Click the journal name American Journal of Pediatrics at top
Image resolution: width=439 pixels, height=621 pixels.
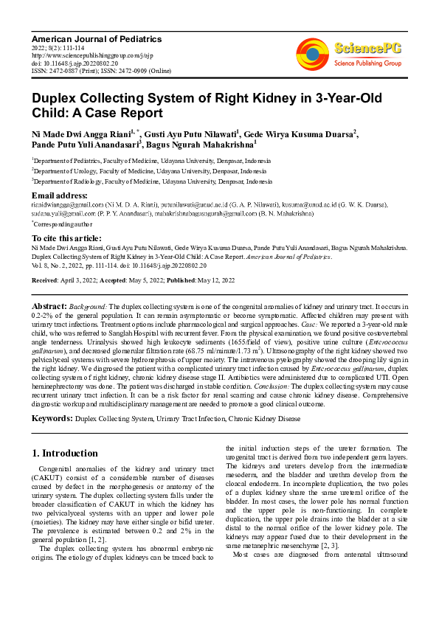[x=96, y=38]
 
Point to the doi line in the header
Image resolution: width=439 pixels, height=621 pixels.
[x=75, y=63]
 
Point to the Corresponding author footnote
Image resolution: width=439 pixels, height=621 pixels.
[x=63, y=223]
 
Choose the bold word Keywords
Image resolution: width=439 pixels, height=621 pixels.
[x=52, y=418]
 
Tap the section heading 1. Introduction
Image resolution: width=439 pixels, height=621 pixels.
[x=66, y=453]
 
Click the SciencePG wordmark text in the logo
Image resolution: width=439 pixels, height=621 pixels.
[x=369, y=49]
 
